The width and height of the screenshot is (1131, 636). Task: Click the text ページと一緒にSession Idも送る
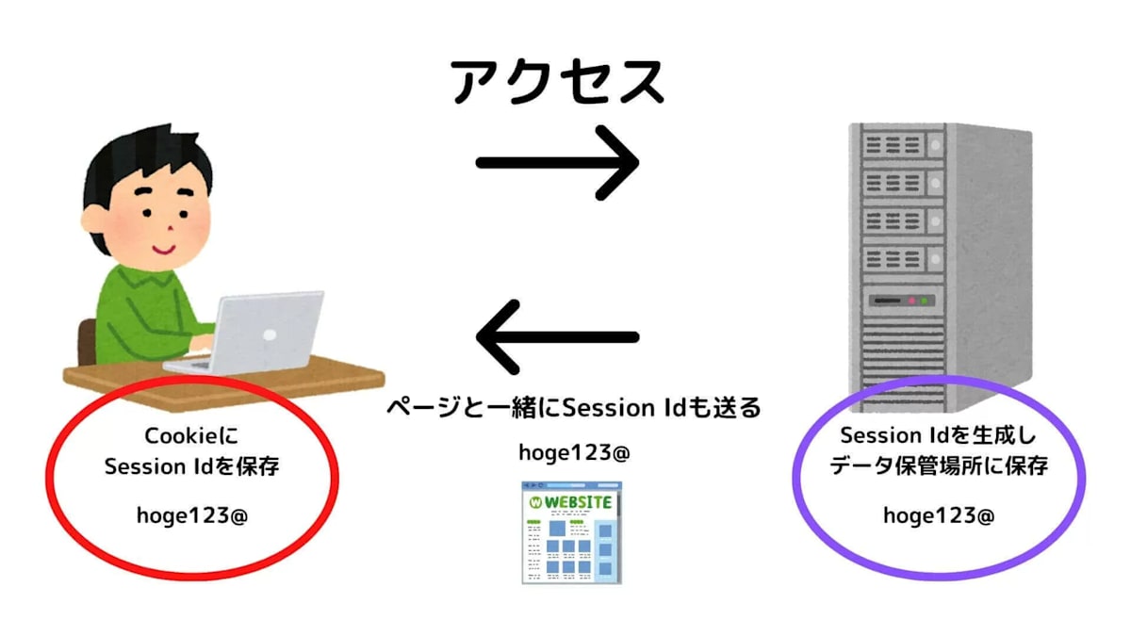pyautogui.click(x=574, y=409)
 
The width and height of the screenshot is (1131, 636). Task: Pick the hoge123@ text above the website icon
pyautogui.click(x=574, y=453)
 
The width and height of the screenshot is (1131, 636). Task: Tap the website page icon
pyautogui.click(x=573, y=531)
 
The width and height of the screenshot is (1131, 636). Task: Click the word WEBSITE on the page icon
pyautogui.click(x=578, y=501)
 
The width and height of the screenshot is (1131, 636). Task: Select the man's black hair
pyautogui.click(x=132, y=160)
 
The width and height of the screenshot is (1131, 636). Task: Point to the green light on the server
pyautogui.click(x=925, y=302)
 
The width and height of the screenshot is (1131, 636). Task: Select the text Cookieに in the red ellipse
pyautogui.click(x=192, y=436)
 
